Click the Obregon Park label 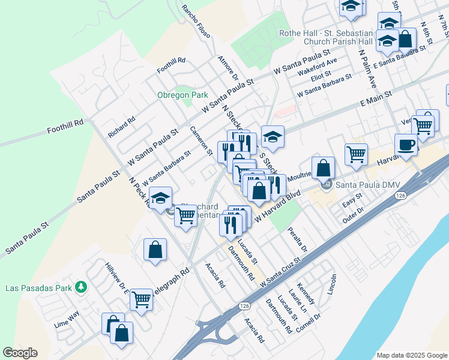[182, 95]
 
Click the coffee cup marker [406, 145]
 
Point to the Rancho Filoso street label [196, 22]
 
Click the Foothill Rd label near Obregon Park [171, 65]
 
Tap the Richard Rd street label [121, 127]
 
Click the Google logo [20, 353]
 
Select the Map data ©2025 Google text [411, 355]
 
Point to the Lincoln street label [332, 284]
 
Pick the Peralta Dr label [297, 239]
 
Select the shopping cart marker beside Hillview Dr [142, 298]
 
